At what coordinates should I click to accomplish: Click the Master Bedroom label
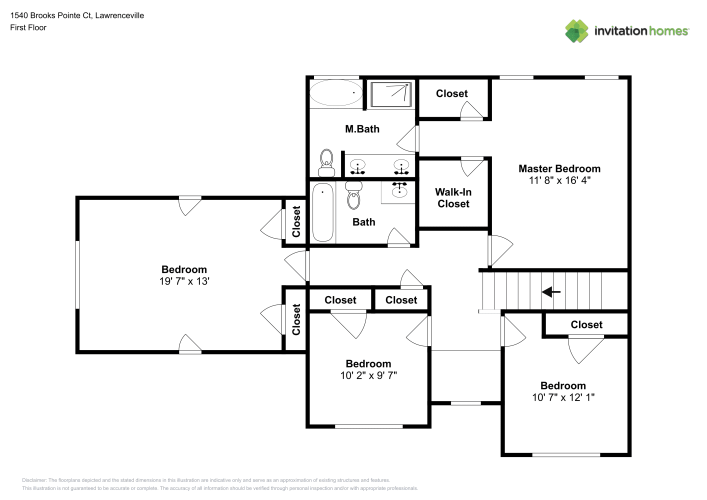click(559, 168)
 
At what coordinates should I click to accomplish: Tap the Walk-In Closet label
click(453, 198)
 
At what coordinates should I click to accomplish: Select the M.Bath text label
click(362, 129)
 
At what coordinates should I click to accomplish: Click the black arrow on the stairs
click(551, 291)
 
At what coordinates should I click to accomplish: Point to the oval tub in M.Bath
click(336, 92)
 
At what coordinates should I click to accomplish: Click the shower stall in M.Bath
click(391, 94)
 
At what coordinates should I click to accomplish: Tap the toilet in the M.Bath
click(326, 163)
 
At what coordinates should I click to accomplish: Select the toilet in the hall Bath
click(353, 195)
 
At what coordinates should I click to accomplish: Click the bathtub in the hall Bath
click(322, 212)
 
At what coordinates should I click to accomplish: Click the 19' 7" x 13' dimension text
click(184, 281)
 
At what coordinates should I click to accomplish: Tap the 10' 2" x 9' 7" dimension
click(368, 375)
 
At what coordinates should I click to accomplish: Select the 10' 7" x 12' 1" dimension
click(563, 397)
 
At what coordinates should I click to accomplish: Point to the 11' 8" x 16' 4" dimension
click(559, 180)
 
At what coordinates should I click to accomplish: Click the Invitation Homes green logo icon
click(576, 31)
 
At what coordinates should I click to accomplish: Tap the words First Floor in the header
click(28, 27)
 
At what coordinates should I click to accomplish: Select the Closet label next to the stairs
click(586, 324)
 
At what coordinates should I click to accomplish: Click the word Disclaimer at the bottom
click(34, 480)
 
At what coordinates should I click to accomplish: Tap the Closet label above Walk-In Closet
click(451, 93)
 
